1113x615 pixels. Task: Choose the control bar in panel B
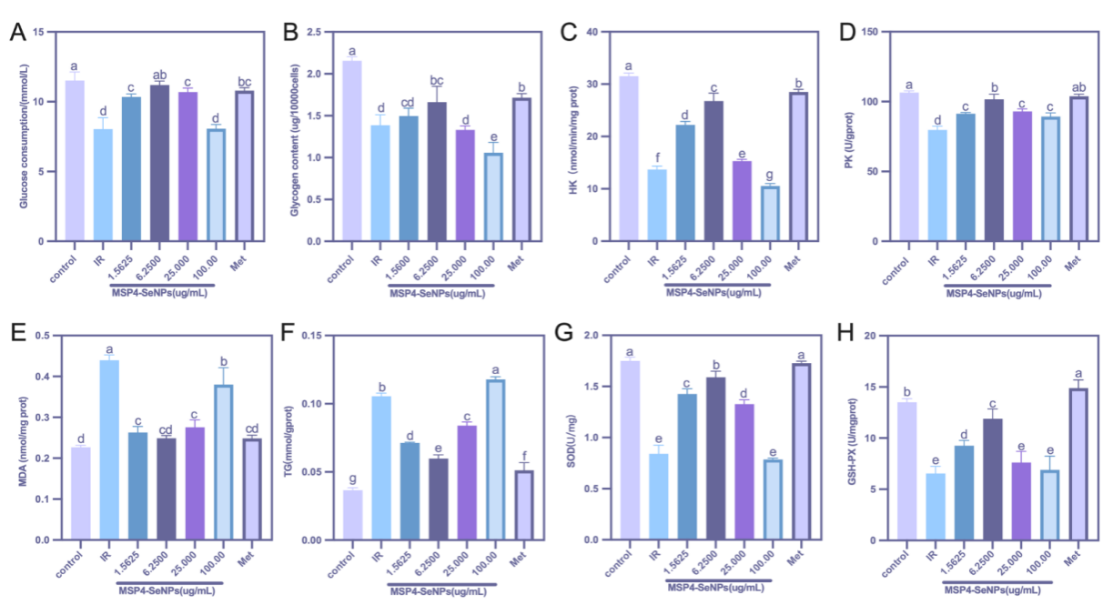tap(351, 151)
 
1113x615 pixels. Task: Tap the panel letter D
tap(846, 34)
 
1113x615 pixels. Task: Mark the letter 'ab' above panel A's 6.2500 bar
tap(158, 76)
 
